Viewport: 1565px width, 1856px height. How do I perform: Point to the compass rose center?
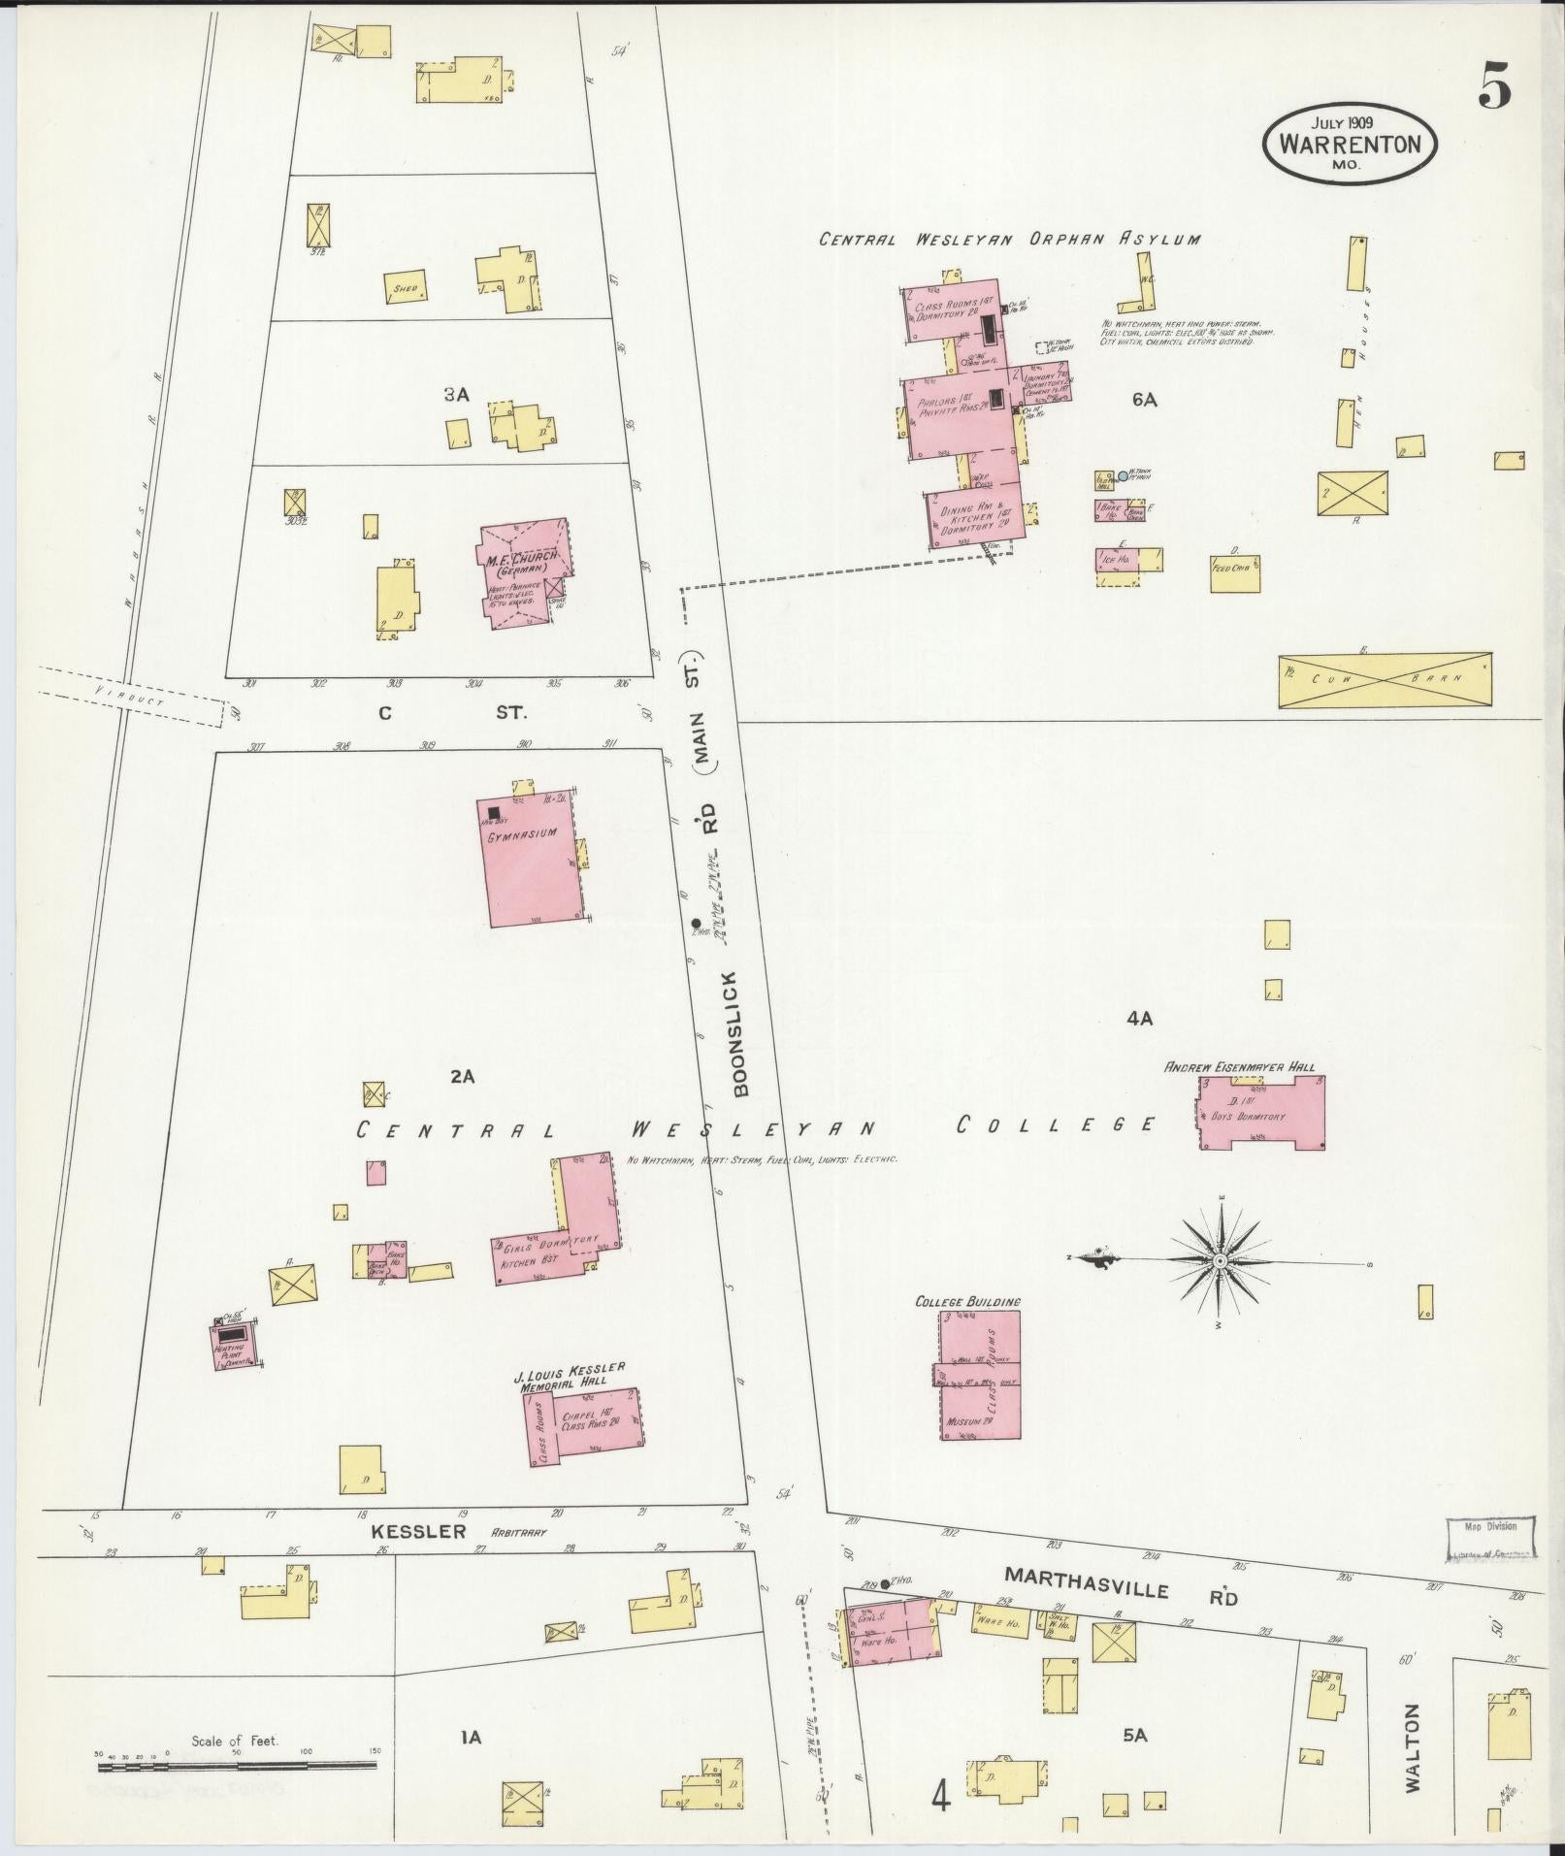(1221, 1260)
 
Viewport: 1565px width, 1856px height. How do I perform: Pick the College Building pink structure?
(980, 1376)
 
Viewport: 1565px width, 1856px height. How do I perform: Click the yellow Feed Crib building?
(1236, 573)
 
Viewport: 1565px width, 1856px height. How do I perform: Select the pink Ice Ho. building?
(1117, 560)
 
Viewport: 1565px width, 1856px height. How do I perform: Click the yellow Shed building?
(407, 287)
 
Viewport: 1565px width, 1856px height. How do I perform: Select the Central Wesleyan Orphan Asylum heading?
(1009, 239)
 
